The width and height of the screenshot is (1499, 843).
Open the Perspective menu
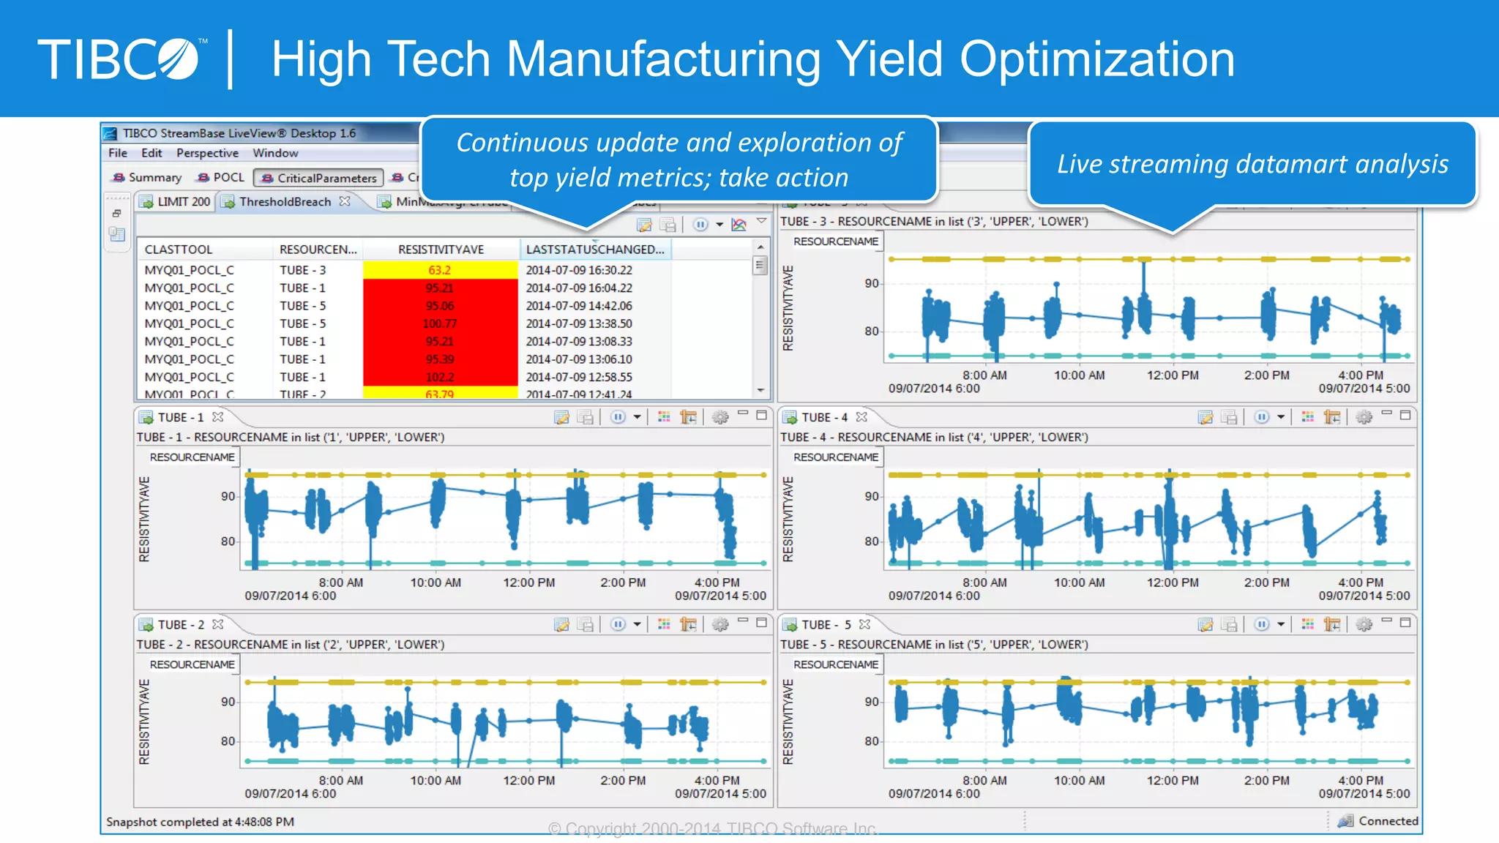(x=207, y=153)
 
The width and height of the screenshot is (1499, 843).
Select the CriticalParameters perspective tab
(x=319, y=178)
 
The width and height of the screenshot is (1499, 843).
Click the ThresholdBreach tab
(x=285, y=201)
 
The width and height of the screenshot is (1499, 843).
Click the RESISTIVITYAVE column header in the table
(x=441, y=250)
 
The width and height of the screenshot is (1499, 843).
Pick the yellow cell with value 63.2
(x=440, y=270)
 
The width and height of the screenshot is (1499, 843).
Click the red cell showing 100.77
(x=440, y=323)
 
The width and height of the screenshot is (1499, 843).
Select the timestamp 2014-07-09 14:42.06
(x=578, y=306)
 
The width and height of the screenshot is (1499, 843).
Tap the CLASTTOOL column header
(x=178, y=250)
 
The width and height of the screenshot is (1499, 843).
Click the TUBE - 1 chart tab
(x=180, y=417)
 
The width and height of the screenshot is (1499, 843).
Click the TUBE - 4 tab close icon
(x=861, y=417)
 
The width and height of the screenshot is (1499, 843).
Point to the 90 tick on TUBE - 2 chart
(x=228, y=702)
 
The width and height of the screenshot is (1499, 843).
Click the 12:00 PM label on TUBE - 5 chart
(x=1172, y=780)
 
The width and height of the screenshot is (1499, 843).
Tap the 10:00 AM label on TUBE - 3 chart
(x=1079, y=375)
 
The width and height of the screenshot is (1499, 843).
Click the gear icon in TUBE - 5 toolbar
(x=1364, y=624)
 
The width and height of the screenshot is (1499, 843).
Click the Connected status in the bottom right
(x=1387, y=821)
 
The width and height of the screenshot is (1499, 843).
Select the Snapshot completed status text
(x=200, y=822)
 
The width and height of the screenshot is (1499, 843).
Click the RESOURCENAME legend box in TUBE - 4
(x=835, y=457)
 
